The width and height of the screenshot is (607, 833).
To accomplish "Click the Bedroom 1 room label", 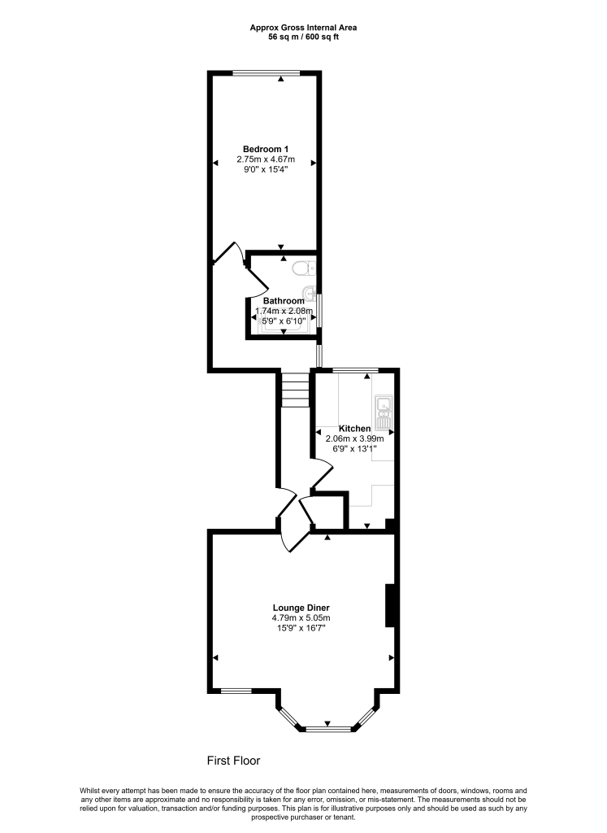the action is tap(265, 150).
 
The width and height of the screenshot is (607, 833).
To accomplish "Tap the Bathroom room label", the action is tap(284, 301).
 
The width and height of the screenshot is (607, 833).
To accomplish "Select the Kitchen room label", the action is tap(355, 429).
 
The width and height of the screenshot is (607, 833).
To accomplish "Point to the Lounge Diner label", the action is tap(301, 608).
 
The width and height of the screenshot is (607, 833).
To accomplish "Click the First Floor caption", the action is tap(233, 761).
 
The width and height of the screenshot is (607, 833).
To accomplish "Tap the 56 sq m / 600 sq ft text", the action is tap(304, 37).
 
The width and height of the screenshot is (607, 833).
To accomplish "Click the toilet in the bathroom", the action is tap(304, 268).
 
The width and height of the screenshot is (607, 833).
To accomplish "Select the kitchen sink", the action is tap(383, 412).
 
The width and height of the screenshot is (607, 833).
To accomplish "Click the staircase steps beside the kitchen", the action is tap(294, 390).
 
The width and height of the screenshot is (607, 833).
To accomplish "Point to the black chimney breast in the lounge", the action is tap(390, 605).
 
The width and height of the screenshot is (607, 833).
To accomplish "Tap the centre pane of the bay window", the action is tap(328, 730).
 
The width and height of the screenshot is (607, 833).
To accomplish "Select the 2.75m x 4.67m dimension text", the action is tap(265, 159).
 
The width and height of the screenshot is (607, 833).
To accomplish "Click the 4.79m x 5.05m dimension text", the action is tap(301, 618).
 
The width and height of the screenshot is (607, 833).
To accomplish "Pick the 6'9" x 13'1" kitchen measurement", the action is tap(355, 448).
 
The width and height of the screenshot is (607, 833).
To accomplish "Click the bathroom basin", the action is tap(310, 293).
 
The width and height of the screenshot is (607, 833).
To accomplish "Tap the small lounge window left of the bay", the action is tap(236, 691).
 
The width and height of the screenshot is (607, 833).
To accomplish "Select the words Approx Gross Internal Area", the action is tap(304, 28).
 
